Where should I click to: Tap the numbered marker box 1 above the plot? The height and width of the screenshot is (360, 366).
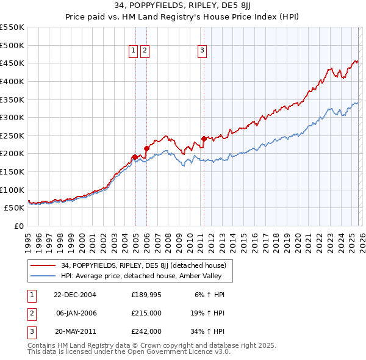[x=133, y=51]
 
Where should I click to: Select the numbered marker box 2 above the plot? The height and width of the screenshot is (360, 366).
[x=145, y=51]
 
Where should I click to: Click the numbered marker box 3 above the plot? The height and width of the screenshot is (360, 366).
[x=202, y=51]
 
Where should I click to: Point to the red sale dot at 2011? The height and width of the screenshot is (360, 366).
[x=204, y=138]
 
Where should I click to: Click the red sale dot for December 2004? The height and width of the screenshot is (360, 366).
[x=134, y=157]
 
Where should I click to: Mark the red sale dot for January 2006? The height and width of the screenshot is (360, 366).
[x=146, y=148]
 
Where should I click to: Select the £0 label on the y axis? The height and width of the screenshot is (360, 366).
[x=18, y=226]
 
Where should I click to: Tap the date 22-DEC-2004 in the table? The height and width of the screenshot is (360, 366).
[x=75, y=295]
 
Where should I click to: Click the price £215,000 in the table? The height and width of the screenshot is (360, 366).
[x=146, y=313]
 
